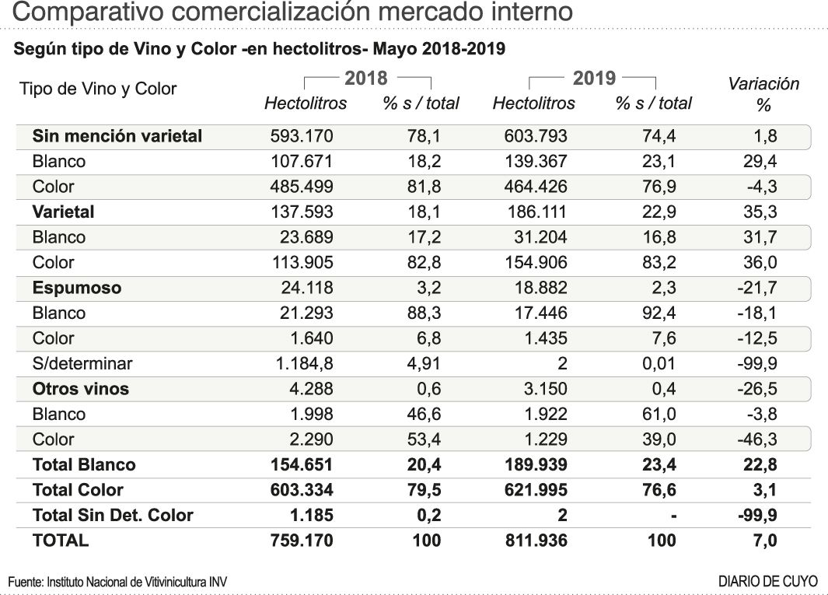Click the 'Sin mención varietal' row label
click(117, 136)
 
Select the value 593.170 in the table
click(301, 136)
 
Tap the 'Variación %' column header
click(763, 93)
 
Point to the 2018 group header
click(365, 78)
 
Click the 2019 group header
click(594, 78)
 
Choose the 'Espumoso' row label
click(77, 288)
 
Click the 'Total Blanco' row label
click(84, 464)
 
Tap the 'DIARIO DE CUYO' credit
click(768, 581)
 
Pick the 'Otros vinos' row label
click(81, 389)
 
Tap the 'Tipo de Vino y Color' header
click(97, 89)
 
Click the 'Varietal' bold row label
click(64, 212)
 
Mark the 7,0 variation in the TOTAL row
click(766, 540)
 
